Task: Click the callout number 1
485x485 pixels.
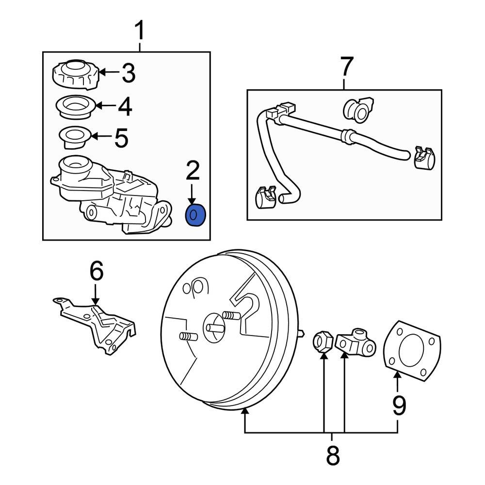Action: [x=139, y=31]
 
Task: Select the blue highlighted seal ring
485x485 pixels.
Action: [x=196, y=215]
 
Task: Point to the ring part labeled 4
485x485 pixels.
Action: [x=76, y=106]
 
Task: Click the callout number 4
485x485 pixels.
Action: [x=125, y=106]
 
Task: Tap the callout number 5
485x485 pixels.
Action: [x=121, y=138]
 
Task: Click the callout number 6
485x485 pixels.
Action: [x=96, y=271]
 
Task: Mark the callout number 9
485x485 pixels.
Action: [x=398, y=405]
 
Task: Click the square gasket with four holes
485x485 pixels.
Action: [x=412, y=349]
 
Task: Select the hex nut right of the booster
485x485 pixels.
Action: [x=323, y=342]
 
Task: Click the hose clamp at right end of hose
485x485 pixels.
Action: [x=424, y=156]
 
